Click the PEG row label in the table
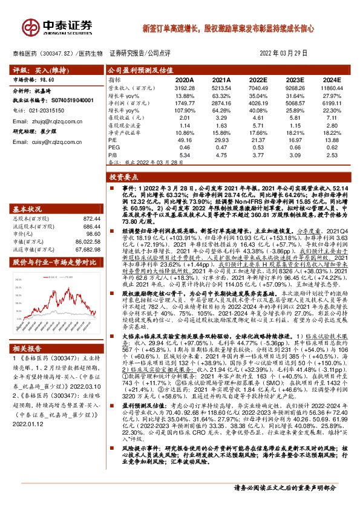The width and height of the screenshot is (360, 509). point(115,147)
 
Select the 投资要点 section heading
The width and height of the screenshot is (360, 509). point(123,178)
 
